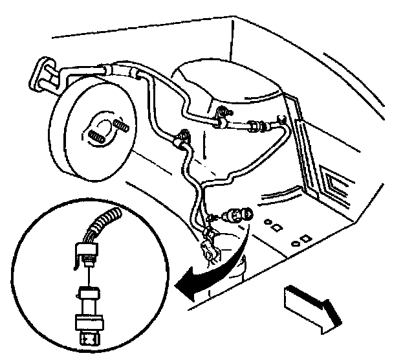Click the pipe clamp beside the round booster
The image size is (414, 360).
(x=183, y=135)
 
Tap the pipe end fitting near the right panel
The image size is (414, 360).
(x=281, y=120)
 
